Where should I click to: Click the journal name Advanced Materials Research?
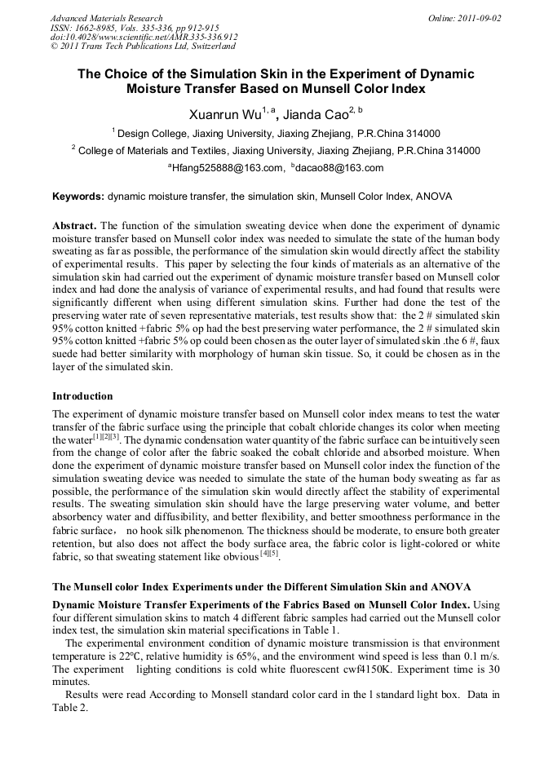pyautogui.click(x=106, y=18)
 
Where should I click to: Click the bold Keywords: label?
pyautogui.click(x=78, y=197)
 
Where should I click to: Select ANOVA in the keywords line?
pyautogui.click(x=435, y=197)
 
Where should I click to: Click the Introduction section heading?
pyautogui.click(x=82, y=396)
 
